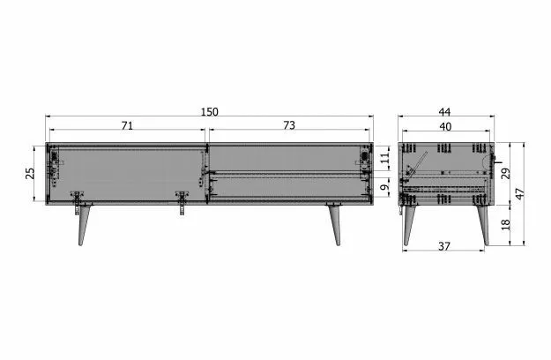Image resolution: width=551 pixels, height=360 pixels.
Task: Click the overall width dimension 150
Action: [210, 112]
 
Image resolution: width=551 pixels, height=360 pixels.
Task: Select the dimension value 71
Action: [127, 125]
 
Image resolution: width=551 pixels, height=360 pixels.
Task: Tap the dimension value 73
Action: [289, 125]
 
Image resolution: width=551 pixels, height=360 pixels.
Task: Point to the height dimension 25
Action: [30, 173]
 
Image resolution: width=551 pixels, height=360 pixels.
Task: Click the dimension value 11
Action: [385, 158]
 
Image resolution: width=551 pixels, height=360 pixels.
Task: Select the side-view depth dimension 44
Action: [444, 112]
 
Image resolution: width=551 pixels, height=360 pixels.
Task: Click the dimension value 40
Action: [445, 126]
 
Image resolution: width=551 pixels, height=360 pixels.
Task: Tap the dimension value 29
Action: [506, 173]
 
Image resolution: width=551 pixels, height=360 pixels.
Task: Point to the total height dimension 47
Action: [520, 194]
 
